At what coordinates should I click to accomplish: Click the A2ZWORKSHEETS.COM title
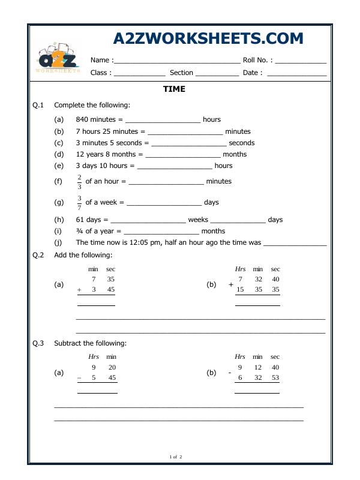208,38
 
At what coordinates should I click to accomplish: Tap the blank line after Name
176,61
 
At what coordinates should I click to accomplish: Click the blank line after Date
296,73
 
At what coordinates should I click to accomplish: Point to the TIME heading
174,89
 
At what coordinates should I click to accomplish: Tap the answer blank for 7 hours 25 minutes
185,132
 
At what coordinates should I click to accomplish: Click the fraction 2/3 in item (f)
79,181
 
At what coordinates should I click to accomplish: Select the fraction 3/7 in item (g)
79,203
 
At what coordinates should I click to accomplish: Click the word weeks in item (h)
198,220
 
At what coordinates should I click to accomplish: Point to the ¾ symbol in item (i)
79,231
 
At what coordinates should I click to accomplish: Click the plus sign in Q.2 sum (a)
79,290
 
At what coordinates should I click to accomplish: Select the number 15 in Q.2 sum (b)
240,289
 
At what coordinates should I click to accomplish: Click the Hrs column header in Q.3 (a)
94,357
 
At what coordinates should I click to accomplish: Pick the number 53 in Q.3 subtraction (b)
275,378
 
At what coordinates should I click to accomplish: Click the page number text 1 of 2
176,457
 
